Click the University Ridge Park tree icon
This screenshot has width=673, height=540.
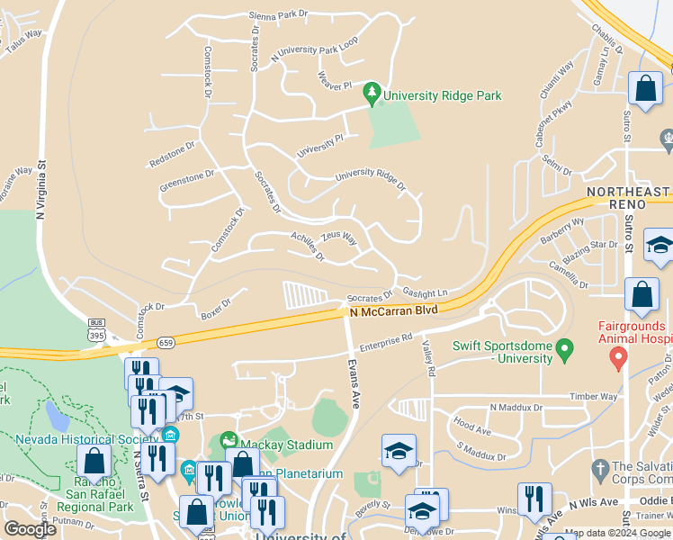coord(371,93)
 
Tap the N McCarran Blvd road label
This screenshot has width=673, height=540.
coord(393,310)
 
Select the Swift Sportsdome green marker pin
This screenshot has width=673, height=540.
coord(564,346)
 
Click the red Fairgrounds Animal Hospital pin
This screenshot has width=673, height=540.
coord(618,357)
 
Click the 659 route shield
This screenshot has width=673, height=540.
coord(165,342)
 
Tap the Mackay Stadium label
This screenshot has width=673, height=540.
coord(286,445)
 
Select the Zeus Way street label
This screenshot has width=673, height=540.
coord(339,238)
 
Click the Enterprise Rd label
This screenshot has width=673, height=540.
coord(385,342)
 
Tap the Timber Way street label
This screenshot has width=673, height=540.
coord(591,395)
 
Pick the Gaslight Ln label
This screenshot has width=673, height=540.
coord(426,292)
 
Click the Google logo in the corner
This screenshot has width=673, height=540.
coord(31,529)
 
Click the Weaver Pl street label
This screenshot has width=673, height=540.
coord(334,85)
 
